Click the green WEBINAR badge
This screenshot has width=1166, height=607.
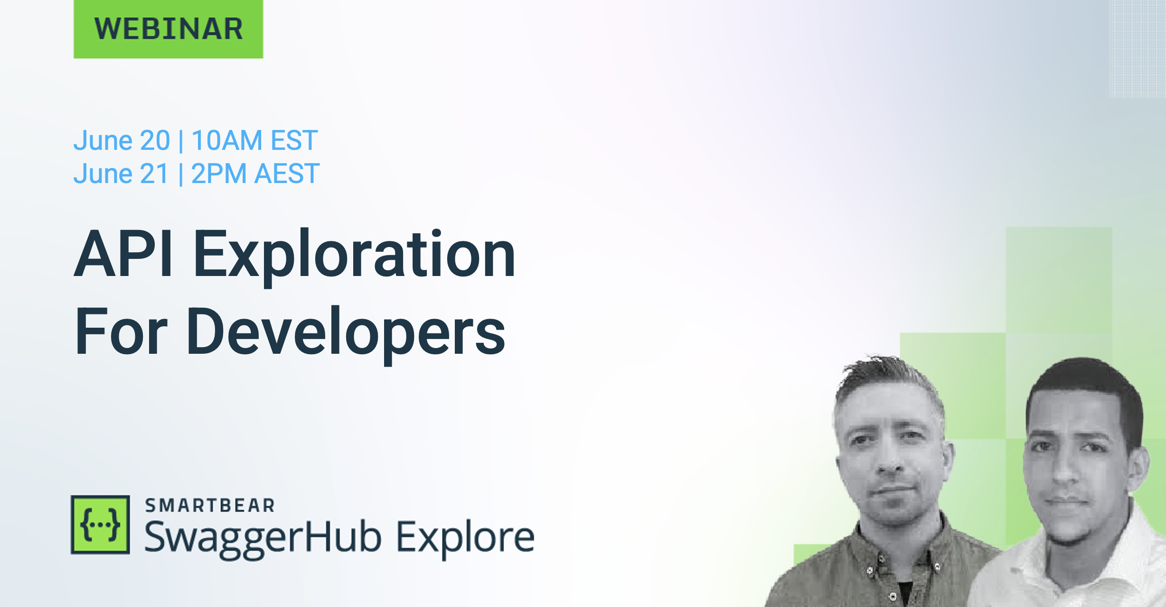tap(168, 29)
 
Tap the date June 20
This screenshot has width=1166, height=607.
tap(122, 140)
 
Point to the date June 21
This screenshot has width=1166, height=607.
tap(121, 174)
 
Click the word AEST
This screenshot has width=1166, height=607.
tap(287, 174)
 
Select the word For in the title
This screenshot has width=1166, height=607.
tap(121, 331)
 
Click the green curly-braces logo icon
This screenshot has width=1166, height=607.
tap(100, 524)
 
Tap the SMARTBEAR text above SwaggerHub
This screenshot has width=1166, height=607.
tap(210, 506)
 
